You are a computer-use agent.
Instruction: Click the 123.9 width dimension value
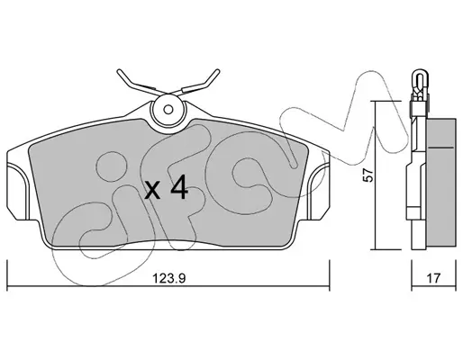(169, 278)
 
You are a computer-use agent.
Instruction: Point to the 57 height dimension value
(368, 175)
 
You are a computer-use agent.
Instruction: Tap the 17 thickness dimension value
(433, 278)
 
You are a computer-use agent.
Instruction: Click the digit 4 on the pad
(179, 187)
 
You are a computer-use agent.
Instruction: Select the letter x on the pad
(152, 191)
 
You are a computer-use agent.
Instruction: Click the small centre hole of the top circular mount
(168, 110)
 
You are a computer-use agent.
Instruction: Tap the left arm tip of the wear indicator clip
(119, 71)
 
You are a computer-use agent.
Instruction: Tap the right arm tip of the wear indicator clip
(217, 71)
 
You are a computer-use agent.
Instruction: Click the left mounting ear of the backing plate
(17, 191)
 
